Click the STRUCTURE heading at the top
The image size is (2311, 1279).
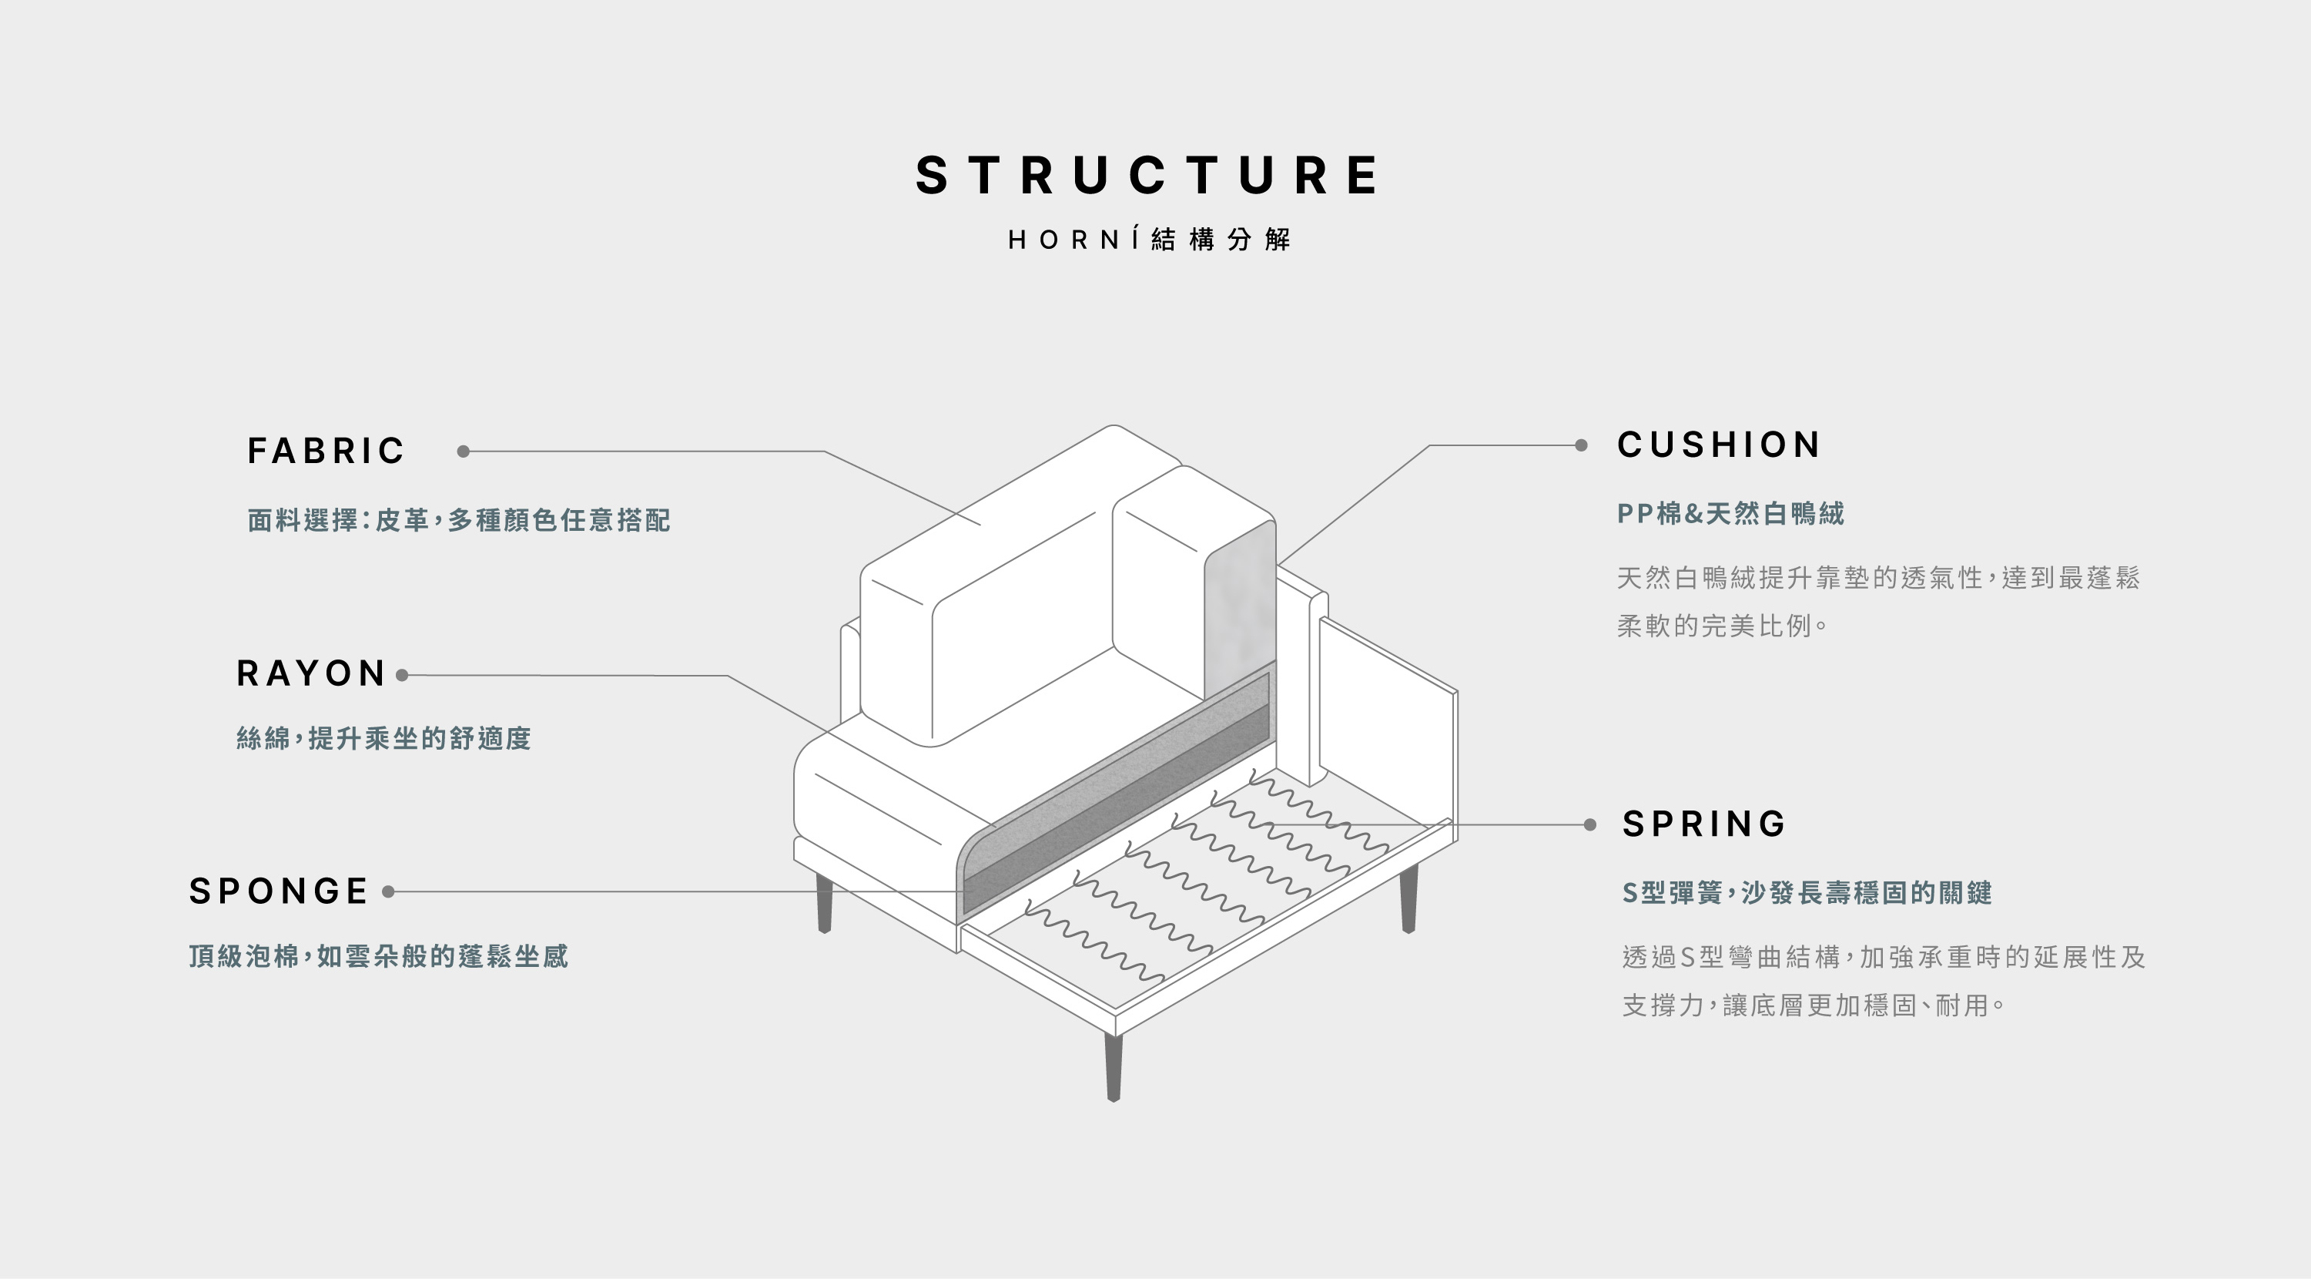pyautogui.click(x=1147, y=175)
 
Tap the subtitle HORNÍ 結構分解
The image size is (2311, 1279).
pyautogui.click(x=1149, y=240)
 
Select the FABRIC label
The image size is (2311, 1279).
pyautogui.click(x=326, y=451)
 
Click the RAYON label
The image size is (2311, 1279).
pyautogui.click(x=310, y=674)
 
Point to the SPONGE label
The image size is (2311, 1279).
pyautogui.click(x=278, y=891)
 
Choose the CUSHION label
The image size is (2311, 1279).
pyautogui.click(x=1719, y=445)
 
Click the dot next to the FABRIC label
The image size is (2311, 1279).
pyautogui.click(x=463, y=452)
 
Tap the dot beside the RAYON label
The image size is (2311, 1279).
pyautogui.click(x=402, y=675)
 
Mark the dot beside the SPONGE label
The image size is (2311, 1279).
pyautogui.click(x=388, y=891)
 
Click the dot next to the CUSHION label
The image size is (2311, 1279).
pyautogui.click(x=1581, y=445)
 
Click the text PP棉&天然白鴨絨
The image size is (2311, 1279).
pyautogui.click(x=1730, y=513)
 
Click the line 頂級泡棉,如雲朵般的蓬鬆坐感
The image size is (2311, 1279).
pyautogui.click(x=377, y=956)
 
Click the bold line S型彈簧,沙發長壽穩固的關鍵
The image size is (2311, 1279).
pyautogui.click(x=1807, y=893)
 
